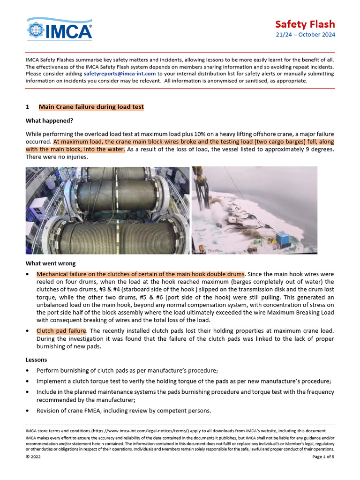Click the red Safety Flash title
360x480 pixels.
click(305, 24)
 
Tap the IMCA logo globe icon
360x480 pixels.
click(36, 30)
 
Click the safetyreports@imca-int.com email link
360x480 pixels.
click(120, 74)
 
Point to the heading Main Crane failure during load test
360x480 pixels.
click(91, 107)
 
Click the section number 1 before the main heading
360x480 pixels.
click(27, 107)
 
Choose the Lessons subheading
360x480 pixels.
click(36, 360)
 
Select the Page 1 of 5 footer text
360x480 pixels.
click(323, 457)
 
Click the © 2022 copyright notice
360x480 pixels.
click(33, 457)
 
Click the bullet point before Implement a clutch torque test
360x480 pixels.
click(28, 381)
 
